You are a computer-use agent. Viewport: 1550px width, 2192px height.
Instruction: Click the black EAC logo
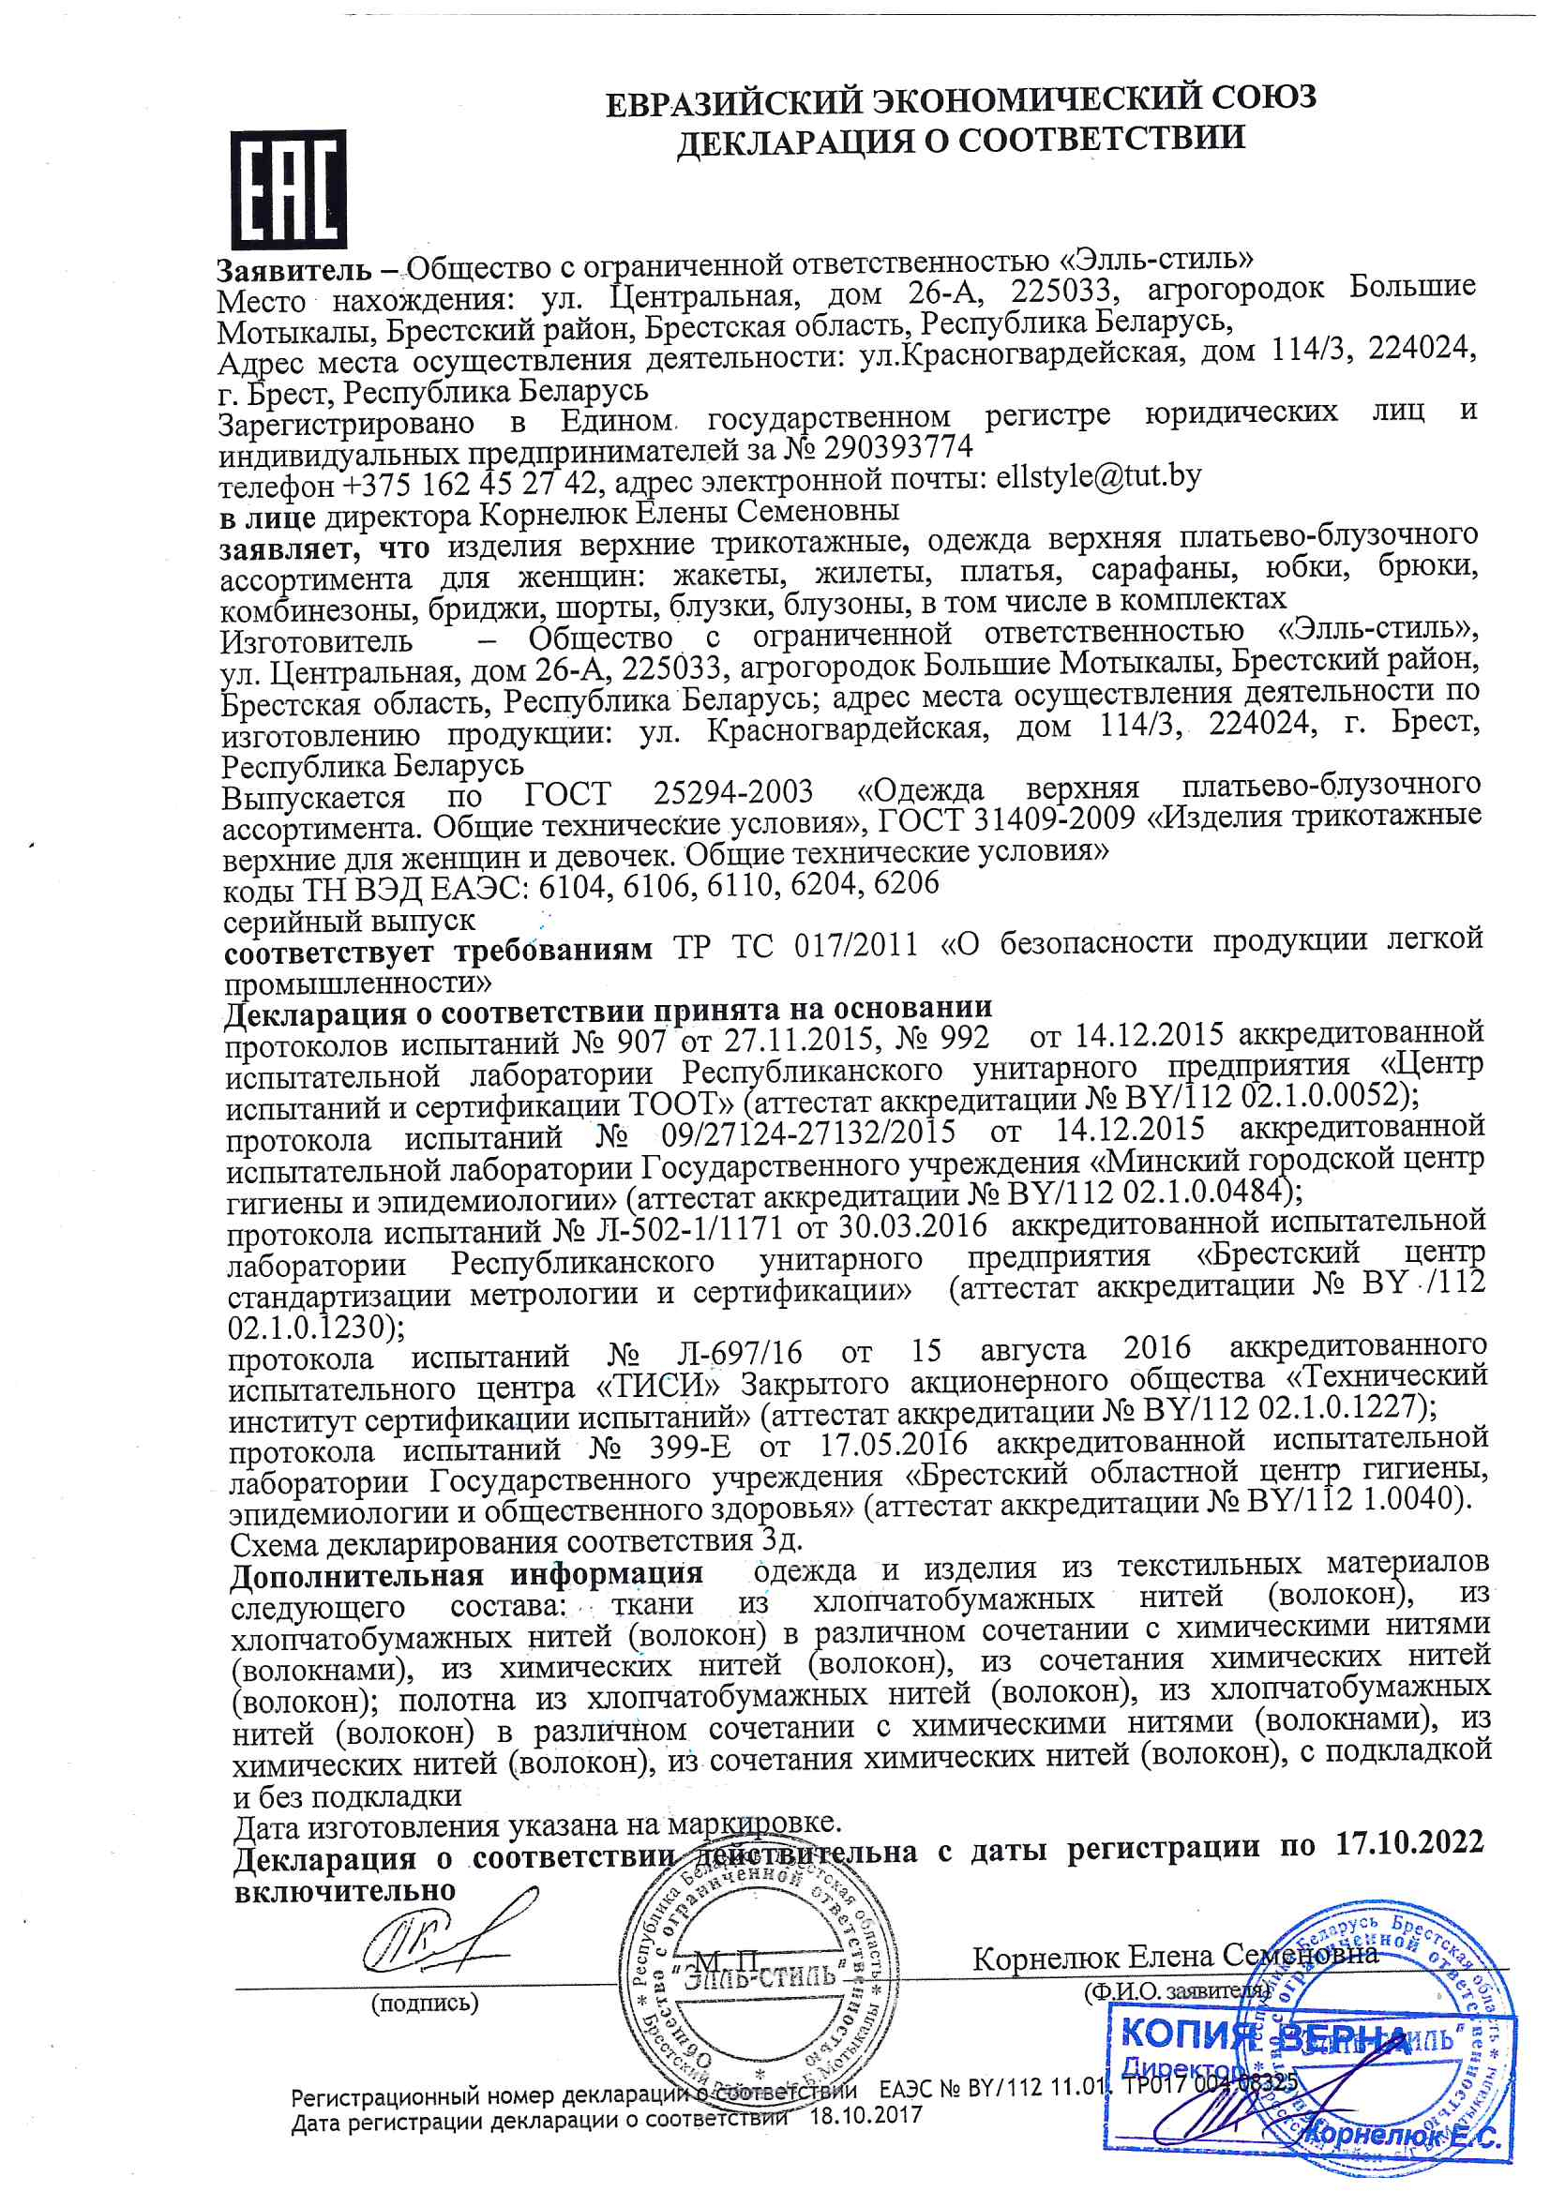[x=288, y=189]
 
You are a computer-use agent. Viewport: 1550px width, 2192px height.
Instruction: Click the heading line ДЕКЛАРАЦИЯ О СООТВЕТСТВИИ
[x=960, y=141]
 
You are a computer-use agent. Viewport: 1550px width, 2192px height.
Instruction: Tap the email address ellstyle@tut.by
[x=1098, y=476]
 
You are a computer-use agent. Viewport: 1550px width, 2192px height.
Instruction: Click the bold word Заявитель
[x=293, y=270]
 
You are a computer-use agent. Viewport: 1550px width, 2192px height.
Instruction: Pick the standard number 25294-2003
[x=733, y=791]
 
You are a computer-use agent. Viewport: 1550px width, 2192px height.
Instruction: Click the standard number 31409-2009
[x=1055, y=818]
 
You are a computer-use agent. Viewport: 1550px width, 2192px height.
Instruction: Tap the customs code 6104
[x=572, y=887]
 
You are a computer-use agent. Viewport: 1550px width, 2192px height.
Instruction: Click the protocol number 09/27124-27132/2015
[x=808, y=1134]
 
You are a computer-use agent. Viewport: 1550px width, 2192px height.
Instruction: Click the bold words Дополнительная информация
[x=466, y=1573]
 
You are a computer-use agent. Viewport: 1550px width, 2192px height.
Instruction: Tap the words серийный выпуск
[x=349, y=922]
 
